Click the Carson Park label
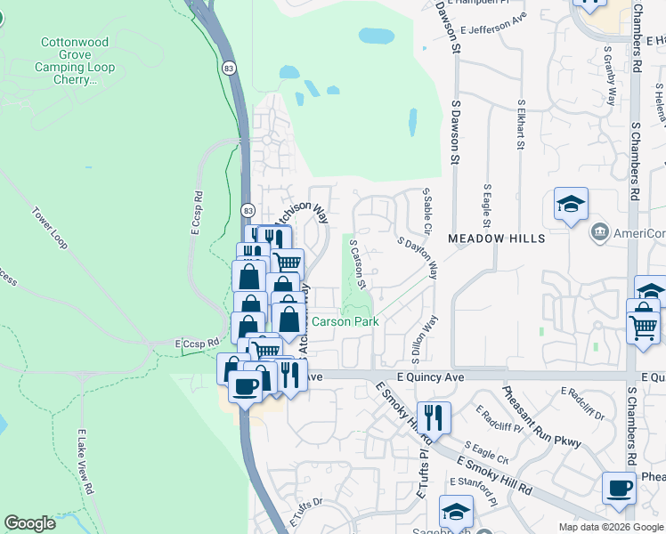[x=345, y=321]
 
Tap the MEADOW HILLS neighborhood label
[x=496, y=239]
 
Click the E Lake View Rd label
[x=85, y=460]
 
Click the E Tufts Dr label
[x=305, y=513]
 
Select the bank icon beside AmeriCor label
[x=598, y=234]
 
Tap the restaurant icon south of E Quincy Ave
[x=434, y=417]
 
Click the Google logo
[x=30, y=523]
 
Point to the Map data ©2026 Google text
[x=610, y=527]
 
